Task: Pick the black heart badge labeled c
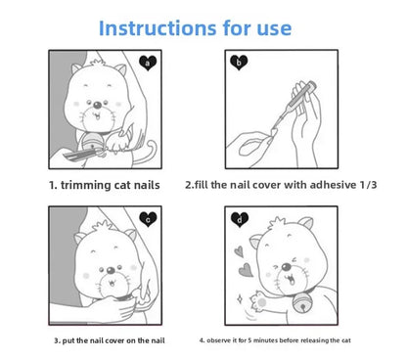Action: (x=148, y=219)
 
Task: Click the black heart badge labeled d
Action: (x=240, y=220)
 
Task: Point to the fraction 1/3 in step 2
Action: (x=358, y=182)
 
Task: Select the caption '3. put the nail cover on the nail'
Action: (x=110, y=338)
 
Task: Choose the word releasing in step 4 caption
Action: (x=328, y=338)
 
